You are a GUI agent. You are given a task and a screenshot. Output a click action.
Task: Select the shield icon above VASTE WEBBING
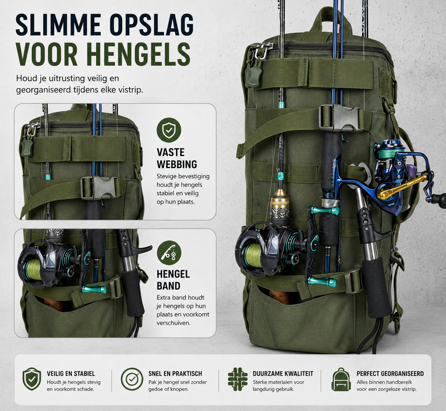pyautogui.click(x=169, y=130)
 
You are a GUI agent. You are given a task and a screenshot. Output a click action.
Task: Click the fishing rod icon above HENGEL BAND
pyautogui.click(x=169, y=253)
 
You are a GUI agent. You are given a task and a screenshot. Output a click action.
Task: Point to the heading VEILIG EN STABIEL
pyautogui.click(x=71, y=373)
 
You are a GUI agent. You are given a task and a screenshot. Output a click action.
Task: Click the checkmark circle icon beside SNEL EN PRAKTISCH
pyautogui.click(x=132, y=379)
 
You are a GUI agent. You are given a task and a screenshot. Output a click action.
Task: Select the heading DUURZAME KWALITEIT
pyautogui.click(x=283, y=373)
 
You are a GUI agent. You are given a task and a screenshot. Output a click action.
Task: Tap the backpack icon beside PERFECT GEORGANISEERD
pyautogui.click(x=341, y=379)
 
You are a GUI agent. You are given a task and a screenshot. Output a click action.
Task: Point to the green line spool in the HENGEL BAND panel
pyautogui.click(x=33, y=270)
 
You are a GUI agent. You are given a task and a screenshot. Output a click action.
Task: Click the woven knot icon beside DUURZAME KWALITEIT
pyautogui.click(x=238, y=379)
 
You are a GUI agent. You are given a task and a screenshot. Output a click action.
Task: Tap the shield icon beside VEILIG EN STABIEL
pyautogui.click(x=32, y=379)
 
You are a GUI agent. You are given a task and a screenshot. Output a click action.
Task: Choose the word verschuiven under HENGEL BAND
pyautogui.click(x=173, y=323)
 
